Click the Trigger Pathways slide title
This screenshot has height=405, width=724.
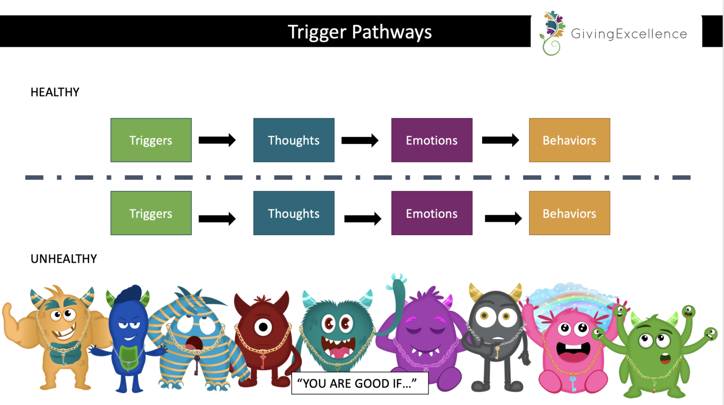360,32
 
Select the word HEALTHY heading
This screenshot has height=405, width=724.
55,92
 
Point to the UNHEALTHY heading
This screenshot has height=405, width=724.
64,259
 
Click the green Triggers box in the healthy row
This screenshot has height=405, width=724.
151,140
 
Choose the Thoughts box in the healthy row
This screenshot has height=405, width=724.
294,140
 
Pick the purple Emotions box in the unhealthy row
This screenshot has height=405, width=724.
431,213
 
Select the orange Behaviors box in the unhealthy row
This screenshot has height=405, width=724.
569,213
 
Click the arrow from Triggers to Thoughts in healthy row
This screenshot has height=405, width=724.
217,140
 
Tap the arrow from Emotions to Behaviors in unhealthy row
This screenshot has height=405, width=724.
503,218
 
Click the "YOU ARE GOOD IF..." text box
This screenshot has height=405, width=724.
360,383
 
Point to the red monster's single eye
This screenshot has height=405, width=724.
263,327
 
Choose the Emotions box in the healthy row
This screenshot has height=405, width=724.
431,140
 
